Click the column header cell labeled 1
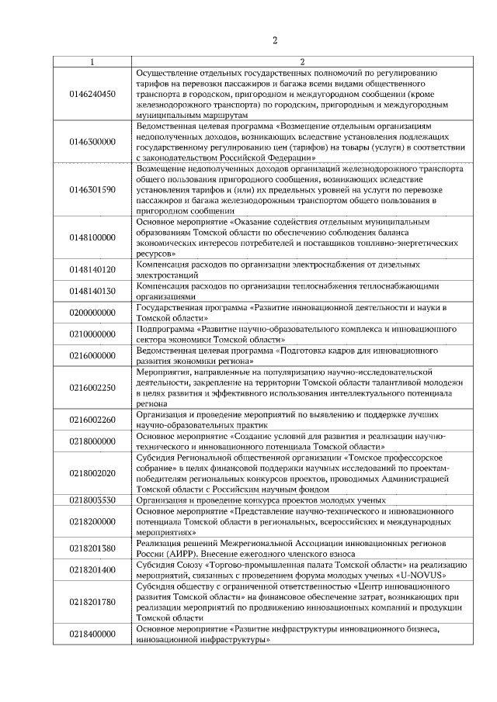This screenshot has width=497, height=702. (92, 61)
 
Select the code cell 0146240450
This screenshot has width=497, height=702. (92, 93)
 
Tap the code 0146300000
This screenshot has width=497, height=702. (92, 142)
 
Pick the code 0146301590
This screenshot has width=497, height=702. (92, 189)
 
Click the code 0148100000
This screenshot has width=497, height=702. (92, 237)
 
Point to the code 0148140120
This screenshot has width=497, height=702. (92, 269)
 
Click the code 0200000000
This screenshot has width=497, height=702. (92, 313)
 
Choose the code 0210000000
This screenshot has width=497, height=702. (92, 334)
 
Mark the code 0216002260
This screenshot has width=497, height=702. (92, 420)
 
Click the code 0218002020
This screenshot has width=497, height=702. (92, 473)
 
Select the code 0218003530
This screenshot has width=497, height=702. (92, 500)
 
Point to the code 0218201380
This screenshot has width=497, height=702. (92, 548)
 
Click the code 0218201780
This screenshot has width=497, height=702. (92, 602)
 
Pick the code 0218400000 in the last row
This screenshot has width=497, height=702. (92, 634)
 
